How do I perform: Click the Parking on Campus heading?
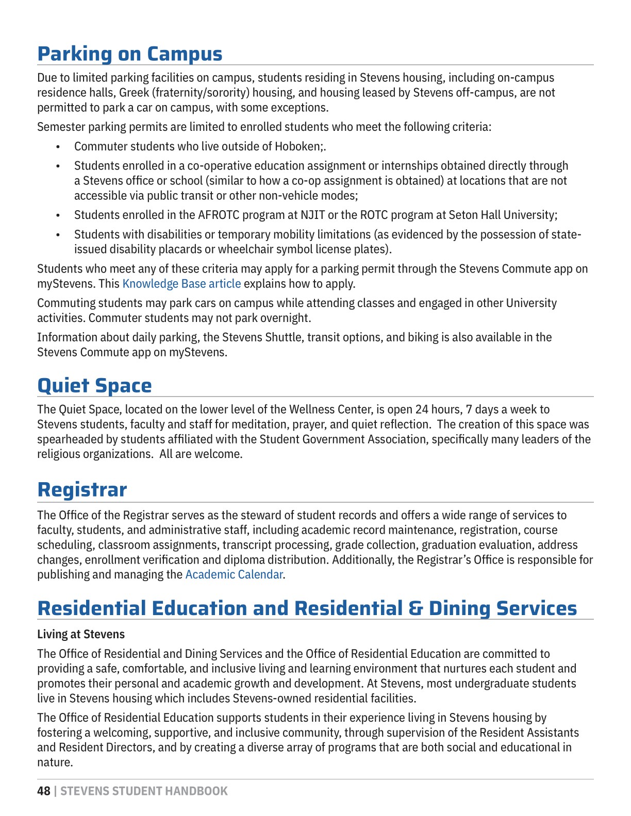pyautogui.click(x=129, y=54)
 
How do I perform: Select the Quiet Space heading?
pyautogui.click(x=94, y=385)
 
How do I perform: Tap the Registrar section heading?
pyautogui.click(x=82, y=489)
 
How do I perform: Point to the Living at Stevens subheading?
pyautogui.click(x=81, y=634)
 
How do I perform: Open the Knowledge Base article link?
pyautogui.click(x=181, y=284)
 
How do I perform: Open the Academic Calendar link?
pyautogui.click(x=234, y=574)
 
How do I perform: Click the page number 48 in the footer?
pyautogui.click(x=44, y=791)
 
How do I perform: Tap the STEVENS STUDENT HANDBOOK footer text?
pyautogui.click(x=144, y=791)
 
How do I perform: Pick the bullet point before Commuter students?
pyautogui.click(x=58, y=147)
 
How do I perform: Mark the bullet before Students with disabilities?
pyautogui.click(x=58, y=235)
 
